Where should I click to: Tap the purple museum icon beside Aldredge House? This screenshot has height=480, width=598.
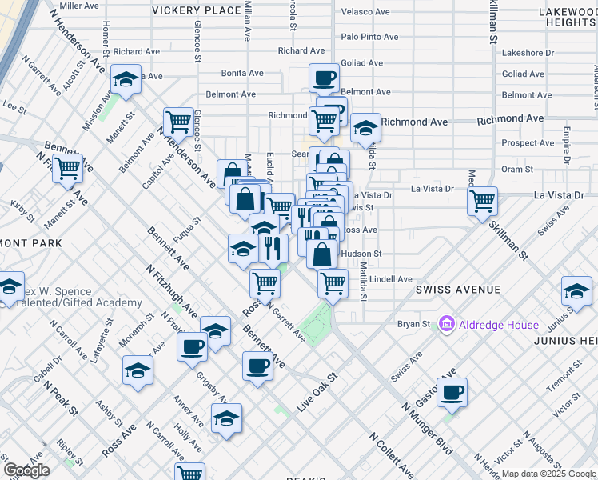(x=446, y=325)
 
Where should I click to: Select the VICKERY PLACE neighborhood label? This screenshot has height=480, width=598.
(x=196, y=10)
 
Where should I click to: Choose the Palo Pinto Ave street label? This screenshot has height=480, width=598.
(x=369, y=37)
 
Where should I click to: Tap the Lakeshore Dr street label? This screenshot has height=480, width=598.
(x=528, y=53)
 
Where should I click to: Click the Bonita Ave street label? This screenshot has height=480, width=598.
(x=242, y=73)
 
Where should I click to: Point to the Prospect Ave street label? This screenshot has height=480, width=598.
(x=528, y=143)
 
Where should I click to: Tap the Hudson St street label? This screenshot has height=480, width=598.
(x=361, y=254)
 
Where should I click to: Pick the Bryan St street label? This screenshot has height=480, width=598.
(x=414, y=325)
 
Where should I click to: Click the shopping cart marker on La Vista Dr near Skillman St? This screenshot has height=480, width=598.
(x=483, y=201)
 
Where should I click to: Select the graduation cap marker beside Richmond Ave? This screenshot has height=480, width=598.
(x=365, y=126)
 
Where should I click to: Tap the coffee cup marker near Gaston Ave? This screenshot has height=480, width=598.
(x=452, y=392)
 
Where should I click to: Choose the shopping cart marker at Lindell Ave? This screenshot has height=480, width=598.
(x=333, y=282)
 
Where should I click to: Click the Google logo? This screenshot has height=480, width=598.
(x=27, y=470)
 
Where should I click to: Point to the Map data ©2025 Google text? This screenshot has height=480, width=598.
(x=548, y=474)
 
